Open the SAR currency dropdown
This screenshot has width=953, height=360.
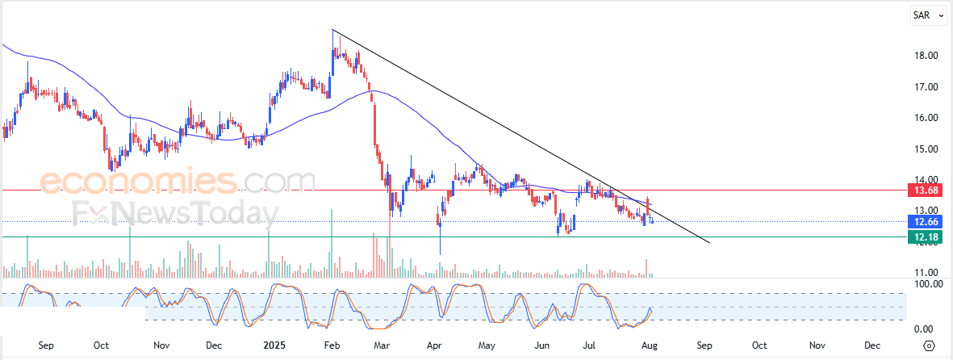[x=928, y=15]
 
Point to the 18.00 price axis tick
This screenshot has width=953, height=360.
[x=926, y=56]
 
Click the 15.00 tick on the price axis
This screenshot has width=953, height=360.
[x=926, y=149]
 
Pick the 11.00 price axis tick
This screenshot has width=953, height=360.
[x=926, y=273]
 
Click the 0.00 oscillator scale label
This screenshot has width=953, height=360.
[x=925, y=329]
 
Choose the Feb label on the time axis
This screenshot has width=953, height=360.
[x=331, y=345]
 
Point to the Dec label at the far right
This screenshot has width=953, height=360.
[x=871, y=345]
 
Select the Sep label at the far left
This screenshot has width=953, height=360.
[x=46, y=345]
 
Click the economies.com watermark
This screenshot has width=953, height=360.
[x=178, y=182]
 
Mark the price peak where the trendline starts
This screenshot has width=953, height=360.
[x=333, y=30]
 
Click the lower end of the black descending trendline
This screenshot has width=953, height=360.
[x=709, y=242]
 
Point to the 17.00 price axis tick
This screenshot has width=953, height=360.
[x=926, y=87]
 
